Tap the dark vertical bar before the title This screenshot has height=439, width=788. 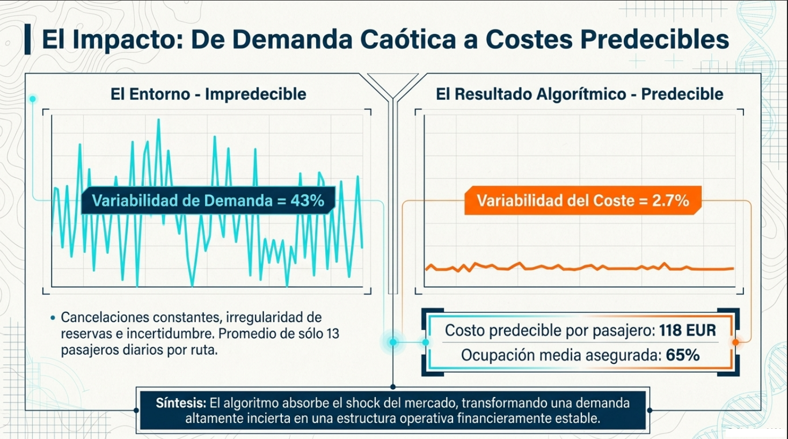(x=27, y=39)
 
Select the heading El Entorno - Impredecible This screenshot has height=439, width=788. (x=208, y=94)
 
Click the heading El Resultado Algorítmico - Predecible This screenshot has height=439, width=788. (x=579, y=94)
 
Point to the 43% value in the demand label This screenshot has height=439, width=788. (x=307, y=201)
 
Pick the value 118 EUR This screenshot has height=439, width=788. (x=688, y=330)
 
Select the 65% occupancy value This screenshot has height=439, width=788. (x=682, y=355)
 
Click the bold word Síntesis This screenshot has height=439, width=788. (x=181, y=403)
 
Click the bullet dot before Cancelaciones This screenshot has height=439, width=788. (x=53, y=318)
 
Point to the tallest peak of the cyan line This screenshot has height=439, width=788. (x=159, y=120)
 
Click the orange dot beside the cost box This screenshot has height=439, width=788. (x=735, y=342)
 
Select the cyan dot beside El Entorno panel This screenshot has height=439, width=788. (x=33, y=99)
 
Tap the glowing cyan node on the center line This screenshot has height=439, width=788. (x=393, y=342)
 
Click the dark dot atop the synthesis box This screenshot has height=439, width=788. (x=393, y=387)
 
